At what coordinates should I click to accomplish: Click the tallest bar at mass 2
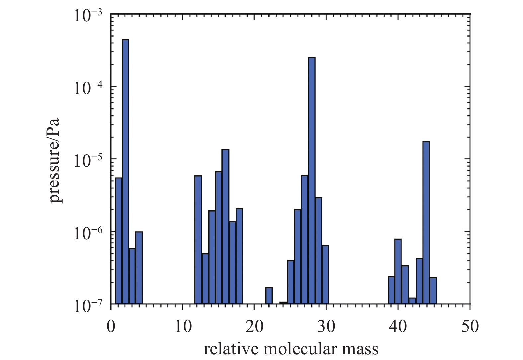click(x=125, y=171)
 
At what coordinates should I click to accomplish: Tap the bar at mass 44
click(x=426, y=223)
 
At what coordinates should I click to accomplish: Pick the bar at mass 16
click(x=225, y=226)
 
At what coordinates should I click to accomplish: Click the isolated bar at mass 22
click(x=269, y=295)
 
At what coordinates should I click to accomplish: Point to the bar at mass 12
click(x=198, y=239)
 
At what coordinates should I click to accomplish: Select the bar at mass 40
click(x=398, y=271)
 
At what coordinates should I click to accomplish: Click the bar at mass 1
click(x=118, y=240)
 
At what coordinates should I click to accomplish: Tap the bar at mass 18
click(x=239, y=256)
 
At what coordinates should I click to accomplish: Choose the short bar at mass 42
click(x=412, y=301)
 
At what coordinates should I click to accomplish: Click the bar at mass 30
click(x=325, y=274)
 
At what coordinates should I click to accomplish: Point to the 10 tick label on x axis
click(x=183, y=327)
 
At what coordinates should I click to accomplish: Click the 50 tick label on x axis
click(x=470, y=327)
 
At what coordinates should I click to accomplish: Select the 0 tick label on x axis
click(x=111, y=327)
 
